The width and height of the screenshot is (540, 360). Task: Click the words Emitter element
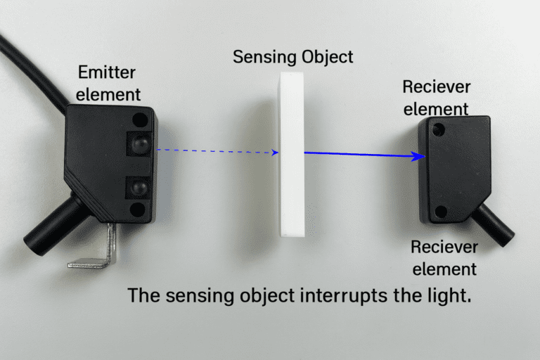[108, 82]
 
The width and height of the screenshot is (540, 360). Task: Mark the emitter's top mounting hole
[141, 119]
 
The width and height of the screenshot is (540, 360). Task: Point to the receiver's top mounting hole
[439, 129]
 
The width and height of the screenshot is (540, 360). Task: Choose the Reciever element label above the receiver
[436, 98]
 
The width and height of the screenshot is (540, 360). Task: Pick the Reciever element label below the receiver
[444, 257]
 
